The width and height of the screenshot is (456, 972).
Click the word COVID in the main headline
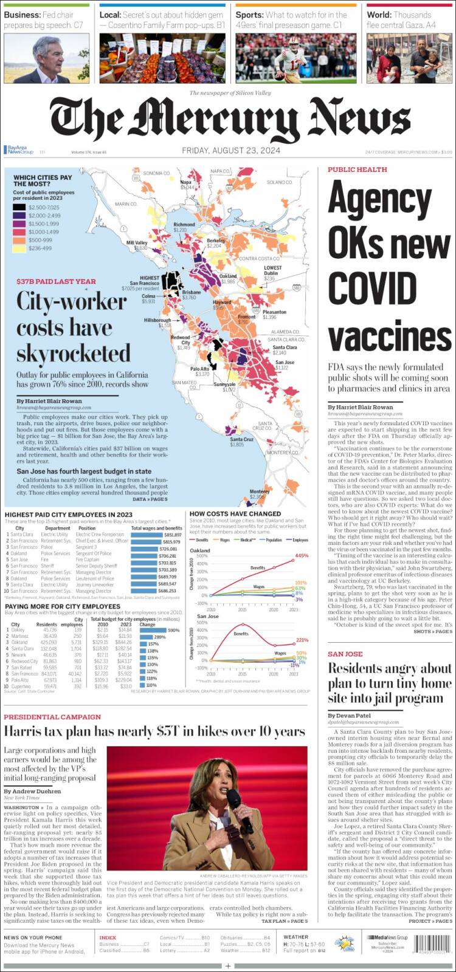click(372, 287)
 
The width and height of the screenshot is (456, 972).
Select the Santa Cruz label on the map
click(241, 439)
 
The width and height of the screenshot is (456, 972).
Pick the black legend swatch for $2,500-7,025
click(19, 207)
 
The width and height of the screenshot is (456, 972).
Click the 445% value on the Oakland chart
click(301, 556)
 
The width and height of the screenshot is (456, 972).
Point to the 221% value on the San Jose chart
click(302, 640)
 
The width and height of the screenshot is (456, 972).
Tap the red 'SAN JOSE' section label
click(345, 654)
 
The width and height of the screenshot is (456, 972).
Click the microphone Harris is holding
click(236, 800)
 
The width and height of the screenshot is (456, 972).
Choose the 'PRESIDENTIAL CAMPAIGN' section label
click(52, 717)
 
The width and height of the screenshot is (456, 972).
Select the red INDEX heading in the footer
click(108, 937)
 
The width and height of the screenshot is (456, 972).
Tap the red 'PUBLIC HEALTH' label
click(357, 169)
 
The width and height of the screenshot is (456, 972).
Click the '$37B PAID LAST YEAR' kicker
click(56, 281)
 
